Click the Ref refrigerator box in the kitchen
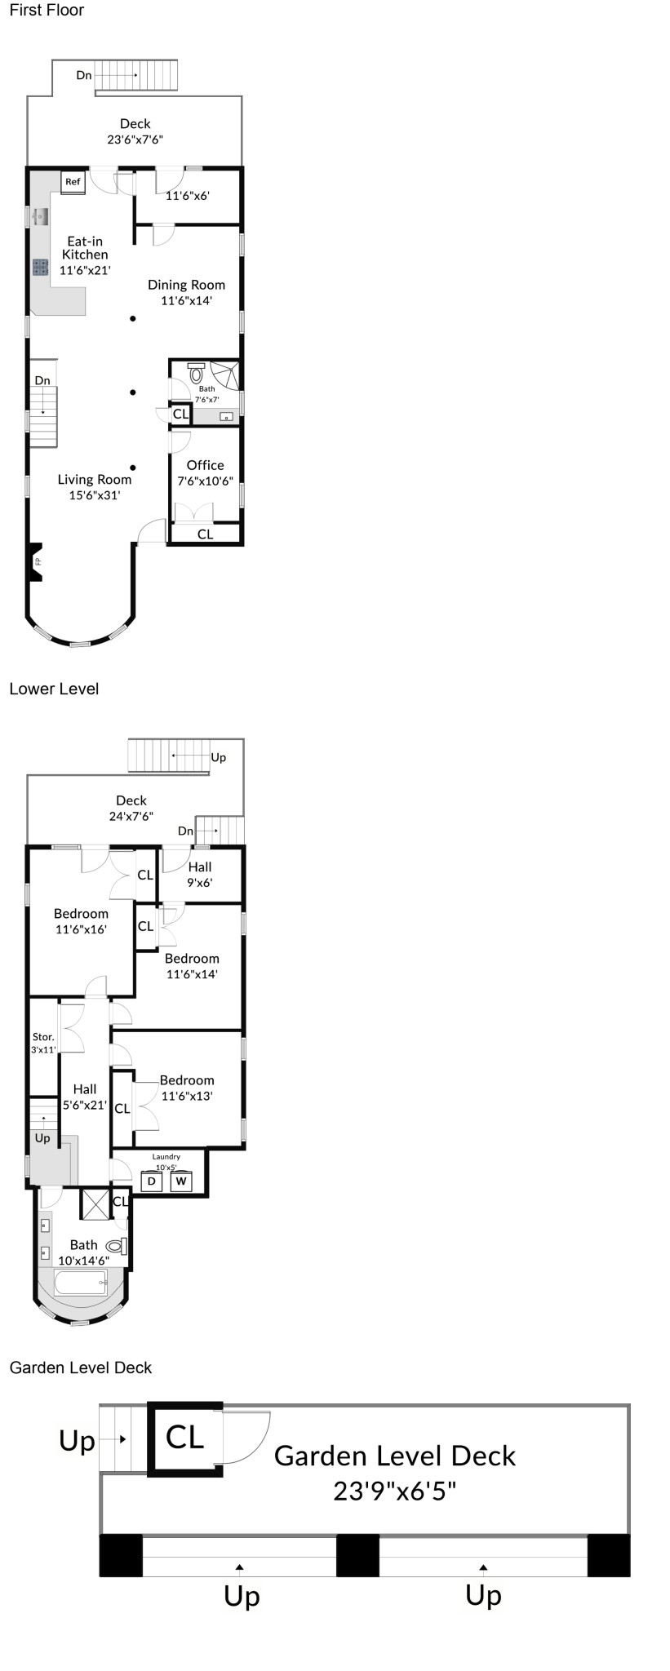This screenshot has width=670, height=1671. [73, 182]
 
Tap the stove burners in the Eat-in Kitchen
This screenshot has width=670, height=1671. [41, 267]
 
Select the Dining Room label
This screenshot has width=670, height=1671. [186, 285]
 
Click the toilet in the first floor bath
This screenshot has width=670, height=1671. [196, 374]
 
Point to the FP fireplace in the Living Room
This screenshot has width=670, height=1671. [35, 563]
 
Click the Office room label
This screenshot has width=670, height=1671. [205, 465]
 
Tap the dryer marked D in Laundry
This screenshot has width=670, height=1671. [152, 1181]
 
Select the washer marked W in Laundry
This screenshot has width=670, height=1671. [181, 1181]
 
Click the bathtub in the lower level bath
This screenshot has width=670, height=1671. [81, 1282]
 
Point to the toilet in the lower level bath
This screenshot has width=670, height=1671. [118, 1246]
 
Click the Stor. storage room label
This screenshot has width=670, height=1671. [43, 1037]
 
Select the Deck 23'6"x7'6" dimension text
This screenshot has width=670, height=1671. [135, 140]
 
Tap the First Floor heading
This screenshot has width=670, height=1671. [47, 11]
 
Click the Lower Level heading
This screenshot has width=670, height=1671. [54, 689]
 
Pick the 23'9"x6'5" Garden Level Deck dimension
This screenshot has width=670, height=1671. [394, 1491]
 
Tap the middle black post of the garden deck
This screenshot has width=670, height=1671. [357, 1555]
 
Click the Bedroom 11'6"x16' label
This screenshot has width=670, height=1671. [81, 921]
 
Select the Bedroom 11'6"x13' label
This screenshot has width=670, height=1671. [187, 1088]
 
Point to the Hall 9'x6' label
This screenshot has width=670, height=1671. [200, 875]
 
